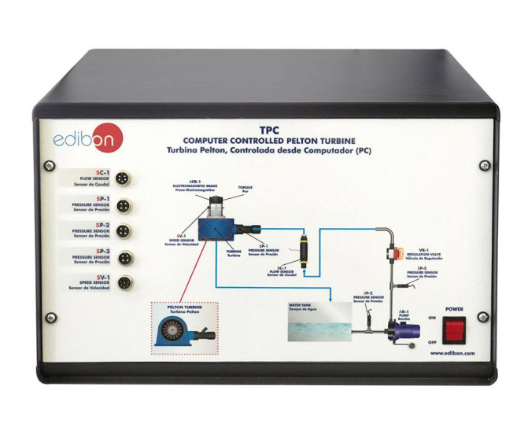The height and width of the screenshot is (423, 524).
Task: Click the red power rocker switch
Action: click(455, 332)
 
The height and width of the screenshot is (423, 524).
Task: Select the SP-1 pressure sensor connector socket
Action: click(123, 204)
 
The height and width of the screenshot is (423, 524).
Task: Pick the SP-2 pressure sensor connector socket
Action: click(123, 231)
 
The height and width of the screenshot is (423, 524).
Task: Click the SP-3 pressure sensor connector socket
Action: click(123, 257)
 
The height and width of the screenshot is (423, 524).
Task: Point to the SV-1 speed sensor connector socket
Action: click(123, 284)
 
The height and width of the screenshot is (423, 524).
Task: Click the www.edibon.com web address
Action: click(455, 353)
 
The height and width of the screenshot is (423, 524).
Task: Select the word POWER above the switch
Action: click(455, 310)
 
